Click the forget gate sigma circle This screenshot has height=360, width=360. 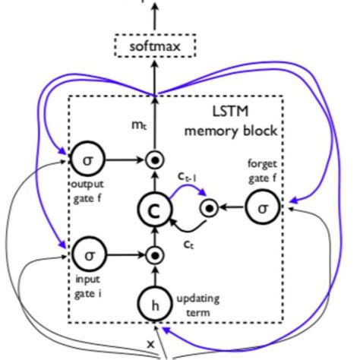(x=262, y=207)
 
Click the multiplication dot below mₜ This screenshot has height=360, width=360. (x=155, y=161)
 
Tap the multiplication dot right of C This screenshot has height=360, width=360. (x=206, y=207)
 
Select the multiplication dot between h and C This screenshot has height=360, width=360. (x=155, y=255)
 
